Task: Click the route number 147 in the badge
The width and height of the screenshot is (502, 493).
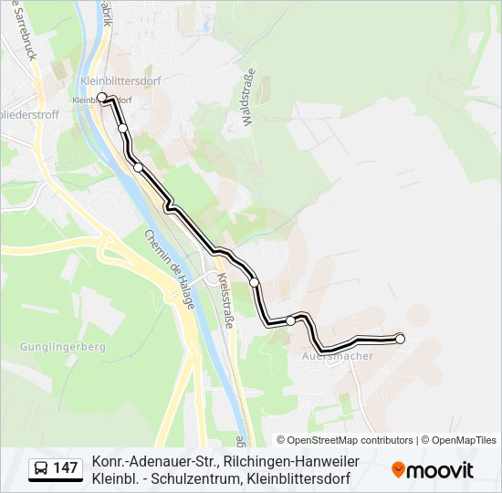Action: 65,468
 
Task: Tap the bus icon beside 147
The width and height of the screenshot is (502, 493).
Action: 42,468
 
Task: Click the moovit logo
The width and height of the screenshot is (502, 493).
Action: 433,470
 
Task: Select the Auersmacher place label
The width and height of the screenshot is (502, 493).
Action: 338,356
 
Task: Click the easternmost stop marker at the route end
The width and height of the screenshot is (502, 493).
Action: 400,339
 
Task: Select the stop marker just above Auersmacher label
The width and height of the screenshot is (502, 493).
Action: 290,320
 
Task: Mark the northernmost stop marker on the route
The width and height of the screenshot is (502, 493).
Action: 102,97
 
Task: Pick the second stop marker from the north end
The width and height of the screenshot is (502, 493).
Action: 123,129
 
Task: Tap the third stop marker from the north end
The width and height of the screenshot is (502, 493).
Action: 138,167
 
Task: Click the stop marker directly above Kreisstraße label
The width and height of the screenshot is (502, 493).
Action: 255,283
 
